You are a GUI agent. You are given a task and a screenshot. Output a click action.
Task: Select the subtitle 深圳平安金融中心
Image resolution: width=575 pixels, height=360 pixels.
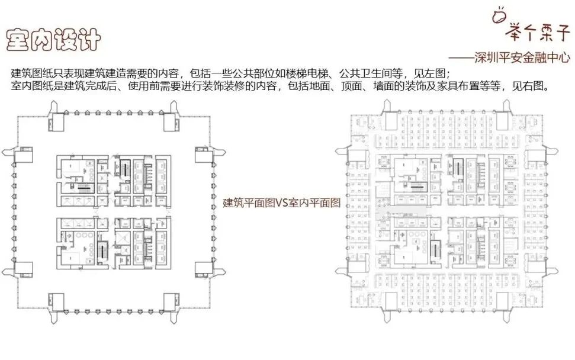pyautogui.click(x=521, y=57)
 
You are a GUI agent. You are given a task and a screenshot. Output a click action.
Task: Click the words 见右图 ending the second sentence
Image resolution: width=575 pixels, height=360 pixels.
pyautogui.click(x=527, y=87)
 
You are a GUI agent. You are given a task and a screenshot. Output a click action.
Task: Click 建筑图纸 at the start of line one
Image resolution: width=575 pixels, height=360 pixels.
pyautogui.click(x=30, y=74)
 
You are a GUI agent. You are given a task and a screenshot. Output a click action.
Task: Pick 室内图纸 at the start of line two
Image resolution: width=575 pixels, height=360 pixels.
pyautogui.click(x=30, y=87)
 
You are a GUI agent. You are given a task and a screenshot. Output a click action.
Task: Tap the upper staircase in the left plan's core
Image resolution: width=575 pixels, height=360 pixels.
pyautogui.click(x=126, y=166)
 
